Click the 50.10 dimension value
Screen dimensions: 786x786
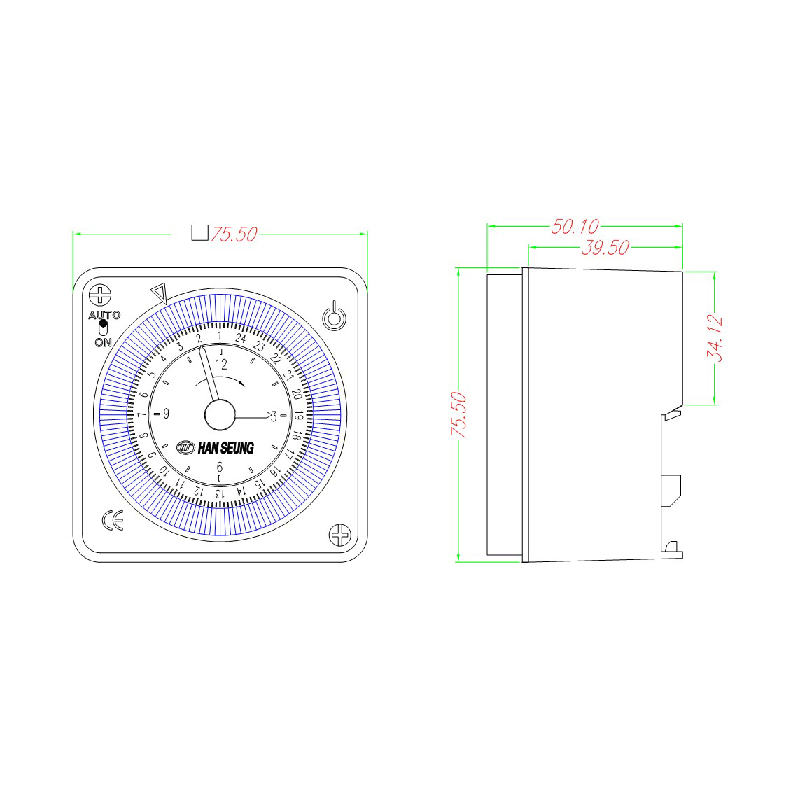click(x=575, y=227)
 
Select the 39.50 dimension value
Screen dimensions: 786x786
click(x=605, y=248)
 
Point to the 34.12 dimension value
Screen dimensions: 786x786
click(x=715, y=338)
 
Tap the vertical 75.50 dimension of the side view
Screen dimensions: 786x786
click(x=458, y=415)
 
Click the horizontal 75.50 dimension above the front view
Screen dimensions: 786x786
click(x=234, y=234)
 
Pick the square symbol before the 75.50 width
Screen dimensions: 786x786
click(x=200, y=232)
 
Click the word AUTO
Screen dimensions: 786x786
click(x=105, y=315)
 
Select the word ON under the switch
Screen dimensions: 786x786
click(x=104, y=342)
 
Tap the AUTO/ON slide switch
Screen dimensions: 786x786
click(x=104, y=328)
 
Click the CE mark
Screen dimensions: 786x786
click(x=113, y=520)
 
